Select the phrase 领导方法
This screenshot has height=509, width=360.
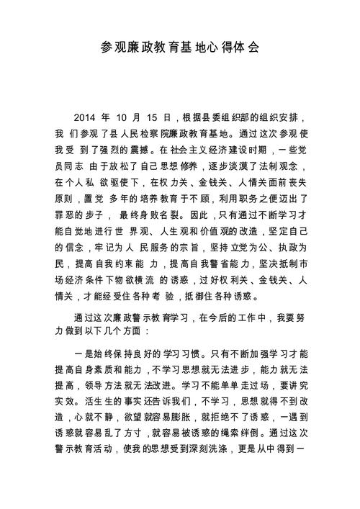[x=125, y=369]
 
